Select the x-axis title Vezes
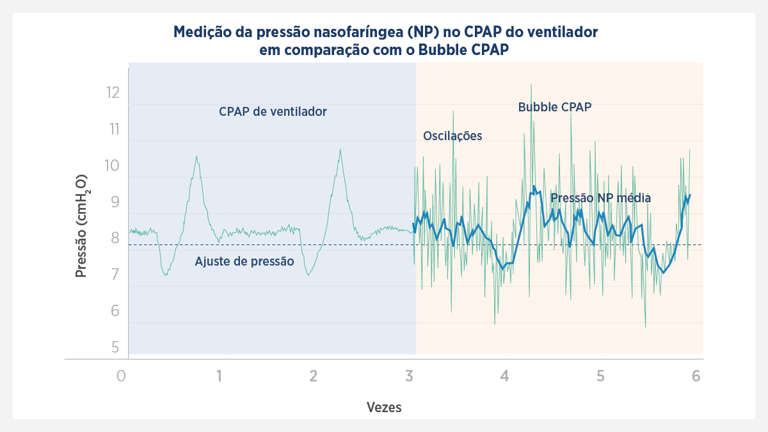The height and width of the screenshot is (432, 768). coord(384,407)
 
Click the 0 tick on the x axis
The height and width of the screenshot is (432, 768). coord(122,376)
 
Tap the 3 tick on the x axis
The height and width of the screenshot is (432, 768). coord(409,376)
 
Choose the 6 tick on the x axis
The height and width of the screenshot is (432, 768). coord(696,376)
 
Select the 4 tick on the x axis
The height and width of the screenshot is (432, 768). coord(505,376)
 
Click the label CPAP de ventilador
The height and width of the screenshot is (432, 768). coord(273,112)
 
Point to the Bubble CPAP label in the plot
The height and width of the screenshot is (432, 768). coord(554,107)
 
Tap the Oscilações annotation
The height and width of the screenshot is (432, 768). coord(452,136)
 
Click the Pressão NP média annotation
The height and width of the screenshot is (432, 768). coord(601,198)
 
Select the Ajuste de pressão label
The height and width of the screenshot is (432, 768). coord(244,261)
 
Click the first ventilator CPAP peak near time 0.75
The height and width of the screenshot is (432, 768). coord(196,157)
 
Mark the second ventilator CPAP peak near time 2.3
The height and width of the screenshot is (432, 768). coord(340,150)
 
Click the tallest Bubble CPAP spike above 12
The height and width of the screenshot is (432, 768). coord(531,84)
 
